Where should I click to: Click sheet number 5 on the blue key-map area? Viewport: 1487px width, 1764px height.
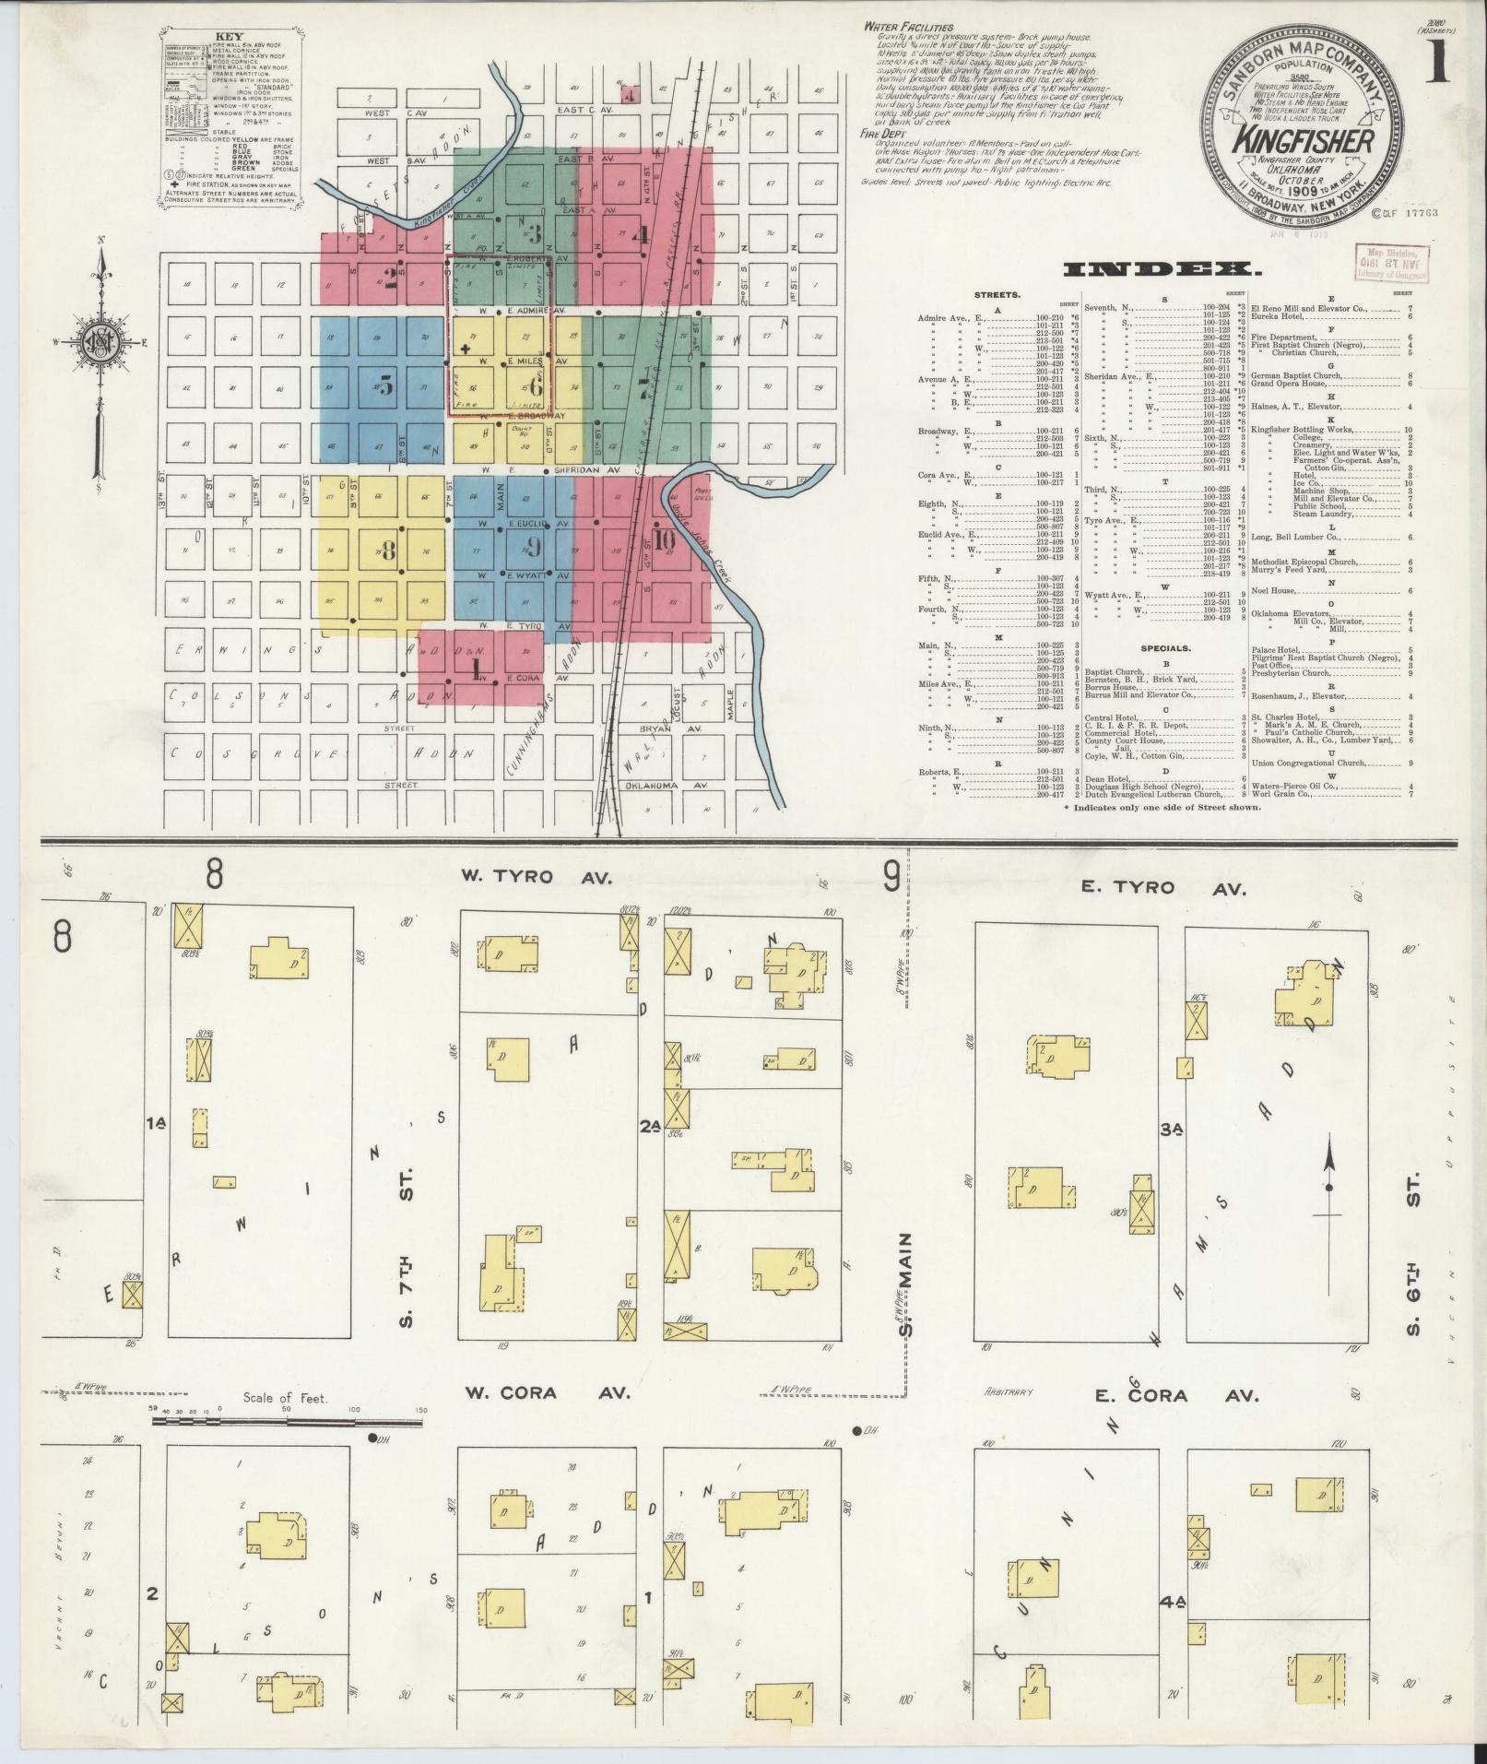[x=386, y=385]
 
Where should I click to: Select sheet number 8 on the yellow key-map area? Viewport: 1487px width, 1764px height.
[x=388, y=551]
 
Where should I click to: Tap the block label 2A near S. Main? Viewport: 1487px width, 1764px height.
[x=649, y=1126]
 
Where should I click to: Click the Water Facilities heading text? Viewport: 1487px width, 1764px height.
[x=908, y=28]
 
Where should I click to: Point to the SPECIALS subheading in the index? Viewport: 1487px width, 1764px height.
[x=1165, y=648]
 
